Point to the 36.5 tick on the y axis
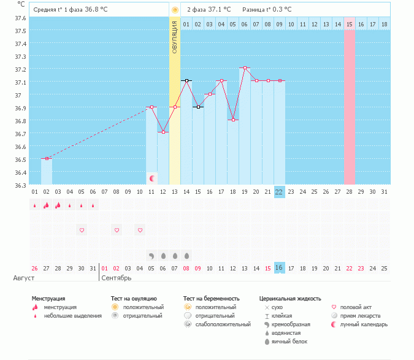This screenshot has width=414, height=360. [x=20, y=159]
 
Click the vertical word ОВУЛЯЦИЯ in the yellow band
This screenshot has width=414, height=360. [x=175, y=37]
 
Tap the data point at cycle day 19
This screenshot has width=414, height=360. [x=245, y=67]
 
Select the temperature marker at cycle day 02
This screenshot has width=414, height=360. [x=47, y=159]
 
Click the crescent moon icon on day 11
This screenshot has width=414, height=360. [x=151, y=178]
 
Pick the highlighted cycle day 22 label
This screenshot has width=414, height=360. [x=279, y=192]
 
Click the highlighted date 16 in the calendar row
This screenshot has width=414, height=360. [x=279, y=268]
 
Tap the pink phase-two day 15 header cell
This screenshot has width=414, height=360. [x=349, y=24]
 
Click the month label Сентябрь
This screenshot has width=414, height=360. [x=117, y=278]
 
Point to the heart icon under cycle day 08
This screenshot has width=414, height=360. [x=117, y=230]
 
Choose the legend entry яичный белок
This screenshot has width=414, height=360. [x=289, y=342]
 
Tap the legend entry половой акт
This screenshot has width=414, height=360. [x=356, y=307]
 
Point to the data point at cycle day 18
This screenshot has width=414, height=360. [x=233, y=120]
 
